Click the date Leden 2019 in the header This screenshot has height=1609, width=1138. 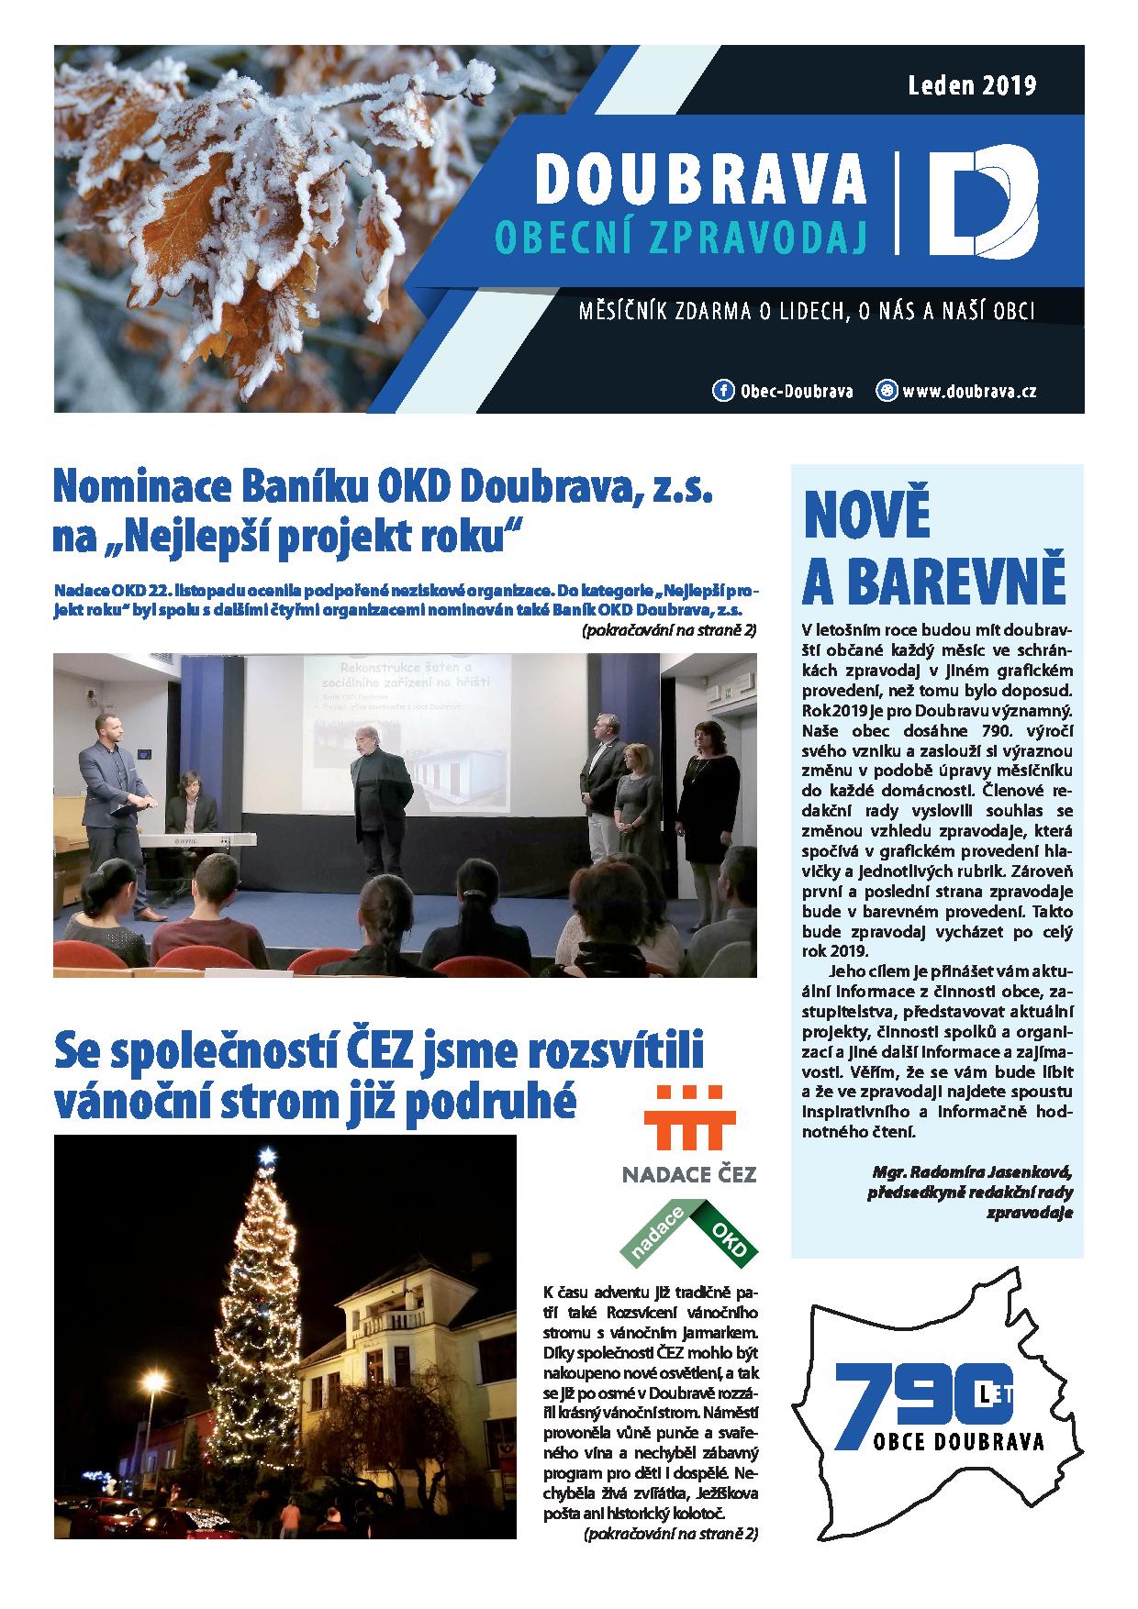point(972,86)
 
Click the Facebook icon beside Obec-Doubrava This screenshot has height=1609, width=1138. point(723,391)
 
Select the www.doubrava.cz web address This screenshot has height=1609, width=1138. point(969,391)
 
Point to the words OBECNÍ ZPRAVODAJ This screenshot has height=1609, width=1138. point(681,236)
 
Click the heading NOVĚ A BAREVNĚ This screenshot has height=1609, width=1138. point(933,548)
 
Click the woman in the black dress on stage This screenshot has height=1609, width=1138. point(709,798)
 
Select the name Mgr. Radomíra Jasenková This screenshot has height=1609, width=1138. point(971,1172)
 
